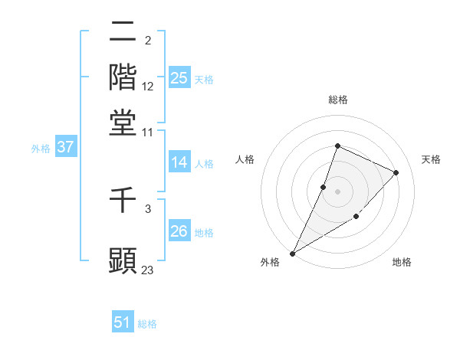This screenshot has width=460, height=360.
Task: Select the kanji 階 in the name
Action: coord(123,77)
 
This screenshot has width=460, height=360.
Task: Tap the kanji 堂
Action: coord(123,122)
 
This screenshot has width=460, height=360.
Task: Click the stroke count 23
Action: coord(148,270)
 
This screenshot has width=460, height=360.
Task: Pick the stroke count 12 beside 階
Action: coord(148,86)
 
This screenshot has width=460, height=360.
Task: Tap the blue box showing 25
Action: coord(179,77)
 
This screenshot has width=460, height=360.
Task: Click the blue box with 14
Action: coord(179,162)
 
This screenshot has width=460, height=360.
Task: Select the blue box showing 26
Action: coord(179,231)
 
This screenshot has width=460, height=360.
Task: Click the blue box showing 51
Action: coord(123,322)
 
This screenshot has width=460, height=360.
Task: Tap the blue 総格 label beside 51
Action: coord(147,324)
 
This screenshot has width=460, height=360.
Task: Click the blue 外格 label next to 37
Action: coord(41,149)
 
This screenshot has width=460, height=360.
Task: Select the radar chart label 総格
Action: coord(337,100)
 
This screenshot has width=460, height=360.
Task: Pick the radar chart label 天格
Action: coord(431,159)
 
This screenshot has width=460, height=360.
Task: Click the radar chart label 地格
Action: coord(402,263)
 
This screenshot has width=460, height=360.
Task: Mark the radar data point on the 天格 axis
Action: coord(396,172)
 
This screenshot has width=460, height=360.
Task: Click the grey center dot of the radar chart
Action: coord(337,191)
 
